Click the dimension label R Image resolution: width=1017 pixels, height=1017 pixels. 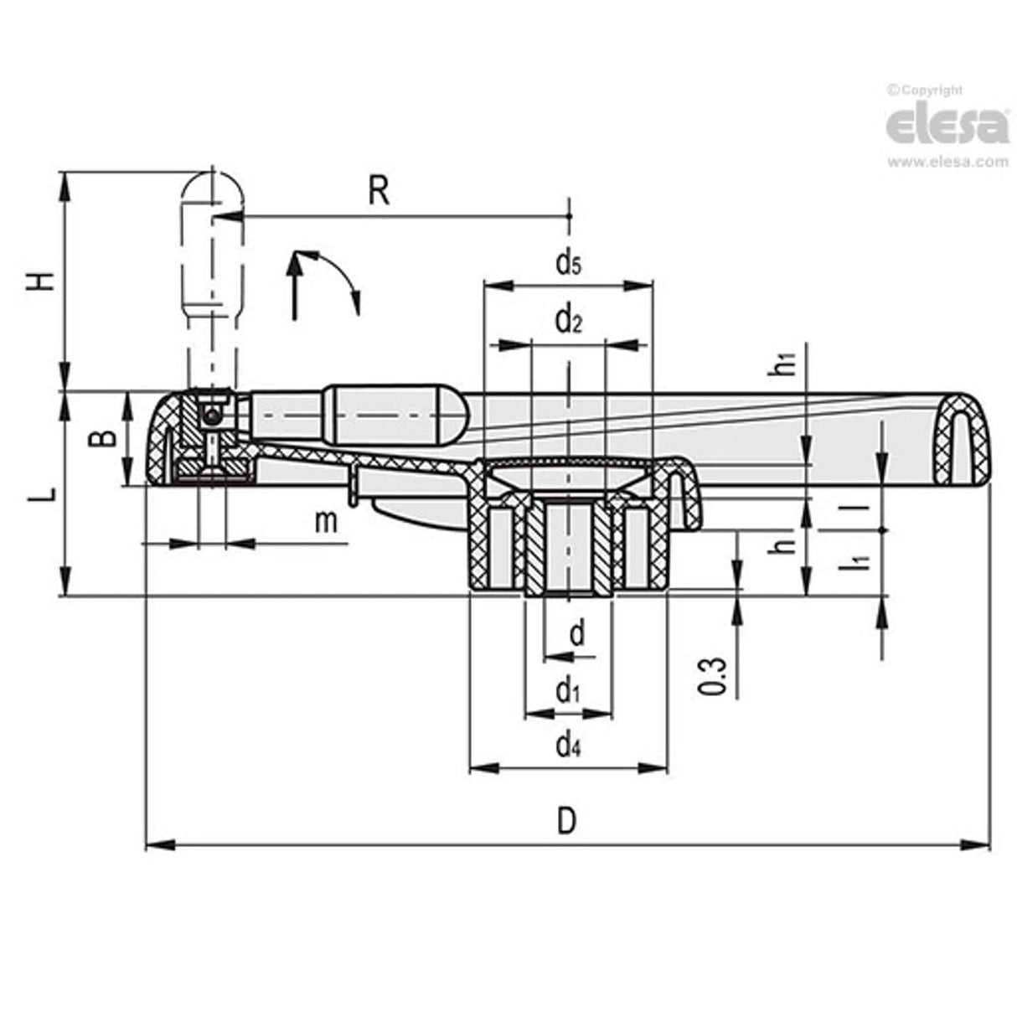(379, 191)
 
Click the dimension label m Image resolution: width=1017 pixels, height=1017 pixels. (326, 522)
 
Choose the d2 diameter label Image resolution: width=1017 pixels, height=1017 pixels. (568, 319)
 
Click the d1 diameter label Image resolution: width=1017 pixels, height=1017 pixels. (568, 691)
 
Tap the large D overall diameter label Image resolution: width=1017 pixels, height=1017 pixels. (567, 820)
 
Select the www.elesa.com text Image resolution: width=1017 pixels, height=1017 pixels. (947, 163)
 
